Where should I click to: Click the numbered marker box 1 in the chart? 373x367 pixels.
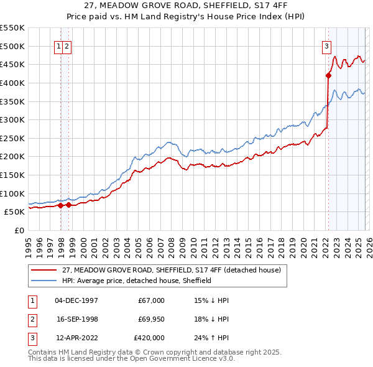pos(58,45)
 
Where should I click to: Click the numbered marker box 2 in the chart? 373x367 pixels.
pos(67,45)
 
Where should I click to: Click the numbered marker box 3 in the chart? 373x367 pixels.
pos(326,45)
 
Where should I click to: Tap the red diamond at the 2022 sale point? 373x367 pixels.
pos(328,76)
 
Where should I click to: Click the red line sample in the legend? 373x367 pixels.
pos(45,270)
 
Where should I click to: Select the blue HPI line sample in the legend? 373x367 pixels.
pos(45,281)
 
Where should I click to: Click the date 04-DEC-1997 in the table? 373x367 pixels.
pos(76,300)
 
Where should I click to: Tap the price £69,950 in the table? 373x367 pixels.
pos(149,319)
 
